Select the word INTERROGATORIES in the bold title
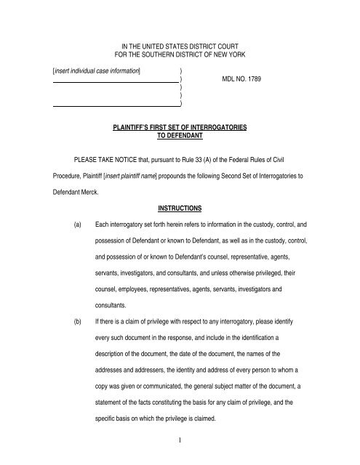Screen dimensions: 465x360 [221, 127]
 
